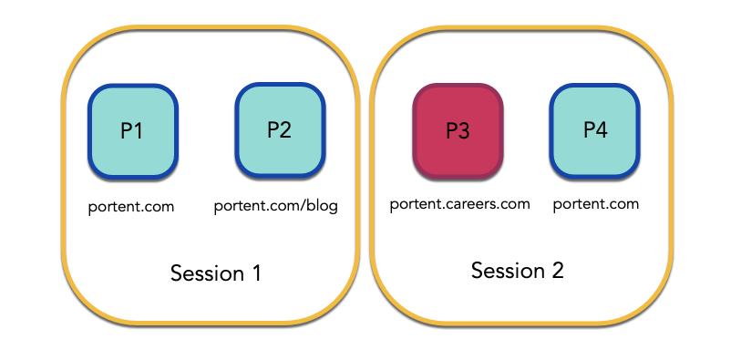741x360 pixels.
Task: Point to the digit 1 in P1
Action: (139, 131)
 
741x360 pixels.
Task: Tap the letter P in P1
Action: (127, 131)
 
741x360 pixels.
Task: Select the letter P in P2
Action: (273, 130)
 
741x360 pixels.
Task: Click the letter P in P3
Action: (451, 131)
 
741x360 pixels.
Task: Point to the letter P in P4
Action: (589, 130)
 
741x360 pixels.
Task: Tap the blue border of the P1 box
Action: (90, 131)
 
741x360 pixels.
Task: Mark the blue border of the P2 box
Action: (237, 130)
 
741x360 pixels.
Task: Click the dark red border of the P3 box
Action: (415, 131)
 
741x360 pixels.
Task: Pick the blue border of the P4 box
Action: (551, 130)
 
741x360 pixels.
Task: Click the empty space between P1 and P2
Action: (206, 130)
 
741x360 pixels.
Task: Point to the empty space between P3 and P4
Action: (526, 130)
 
